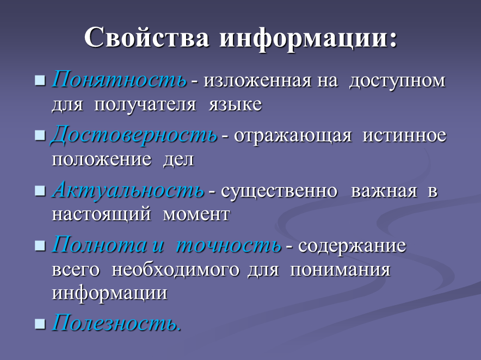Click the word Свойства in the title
(146, 37)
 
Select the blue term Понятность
(119, 80)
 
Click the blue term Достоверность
(134, 135)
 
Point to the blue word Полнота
(99, 245)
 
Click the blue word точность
(229, 245)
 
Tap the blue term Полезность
(116, 322)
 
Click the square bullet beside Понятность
(40, 80)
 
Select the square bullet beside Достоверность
(40, 135)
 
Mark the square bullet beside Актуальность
(40, 191)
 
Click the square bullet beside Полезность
(40, 324)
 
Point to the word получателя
(145, 105)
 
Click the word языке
(235, 104)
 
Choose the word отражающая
(293, 136)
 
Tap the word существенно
(279, 191)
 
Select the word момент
(196, 214)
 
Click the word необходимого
(175, 270)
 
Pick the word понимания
(340, 270)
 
